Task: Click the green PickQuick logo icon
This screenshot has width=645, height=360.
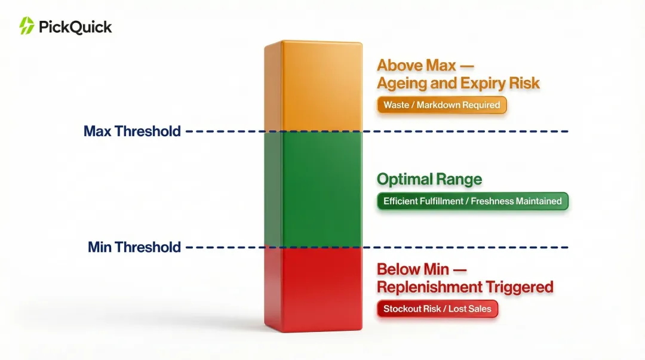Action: (x=26, y=26)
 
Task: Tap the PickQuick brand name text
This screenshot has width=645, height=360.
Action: (x=75, y=26)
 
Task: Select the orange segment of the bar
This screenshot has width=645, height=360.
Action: (x=313, y=87)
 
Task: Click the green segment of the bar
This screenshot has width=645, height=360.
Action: (x=313, y=189)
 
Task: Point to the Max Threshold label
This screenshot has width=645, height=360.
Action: (x=132, y=131)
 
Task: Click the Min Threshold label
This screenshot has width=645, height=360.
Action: (x=134, y=247)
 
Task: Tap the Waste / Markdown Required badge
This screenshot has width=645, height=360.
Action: (x=442, y=105)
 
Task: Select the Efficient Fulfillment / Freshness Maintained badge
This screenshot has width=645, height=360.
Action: (x=472, y=201)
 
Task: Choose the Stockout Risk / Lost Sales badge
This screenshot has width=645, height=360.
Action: (x=437, y=309)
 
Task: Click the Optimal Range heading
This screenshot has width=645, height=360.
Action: (x=429, y=179)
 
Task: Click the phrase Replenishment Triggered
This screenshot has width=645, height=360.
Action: (x=465, y=287)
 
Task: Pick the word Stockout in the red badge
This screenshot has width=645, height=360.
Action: (x=404, y=309)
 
